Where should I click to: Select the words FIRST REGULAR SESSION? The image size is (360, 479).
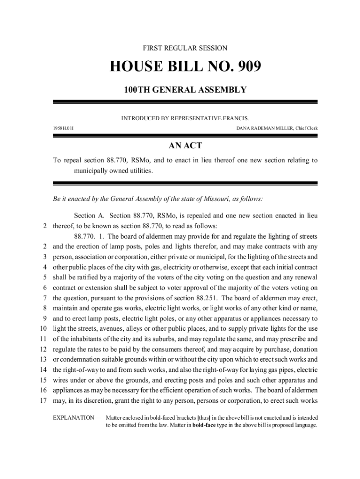[x=185, y=48]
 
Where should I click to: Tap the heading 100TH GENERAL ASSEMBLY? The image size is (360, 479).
[x=185, y=89]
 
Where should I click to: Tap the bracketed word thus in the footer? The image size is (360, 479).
[x=204, y=417]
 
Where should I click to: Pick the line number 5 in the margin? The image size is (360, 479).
[x=44, y=277]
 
